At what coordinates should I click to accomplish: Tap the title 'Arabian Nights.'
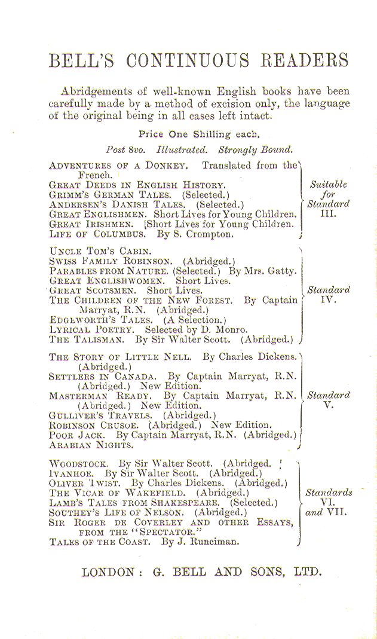91,445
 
